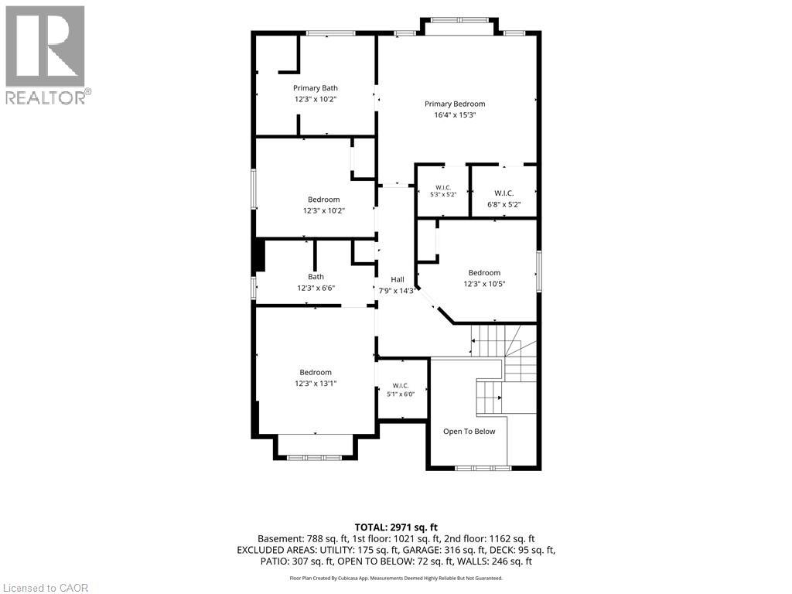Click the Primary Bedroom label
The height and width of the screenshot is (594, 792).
455,104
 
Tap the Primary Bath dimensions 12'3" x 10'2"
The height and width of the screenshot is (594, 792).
316,99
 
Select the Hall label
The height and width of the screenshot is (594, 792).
398,279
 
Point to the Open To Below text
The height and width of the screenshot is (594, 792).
469,432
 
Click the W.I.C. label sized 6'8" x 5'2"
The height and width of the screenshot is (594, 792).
504,193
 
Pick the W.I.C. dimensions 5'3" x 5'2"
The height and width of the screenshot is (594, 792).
443,194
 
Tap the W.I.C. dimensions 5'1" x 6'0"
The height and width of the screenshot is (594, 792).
401,394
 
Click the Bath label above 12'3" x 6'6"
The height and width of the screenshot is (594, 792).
316,277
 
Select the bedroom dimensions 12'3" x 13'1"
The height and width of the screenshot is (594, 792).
316,384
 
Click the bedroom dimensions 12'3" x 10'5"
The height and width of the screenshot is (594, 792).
484,284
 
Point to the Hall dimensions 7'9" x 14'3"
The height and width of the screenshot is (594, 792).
398,291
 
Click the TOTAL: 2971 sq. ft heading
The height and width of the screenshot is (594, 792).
396,527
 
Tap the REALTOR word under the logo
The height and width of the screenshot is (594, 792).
46,97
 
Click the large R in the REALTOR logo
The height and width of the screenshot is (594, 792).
46,46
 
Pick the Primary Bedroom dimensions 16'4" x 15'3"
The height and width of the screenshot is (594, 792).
455,115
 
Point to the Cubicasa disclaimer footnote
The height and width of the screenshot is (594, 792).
396,578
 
